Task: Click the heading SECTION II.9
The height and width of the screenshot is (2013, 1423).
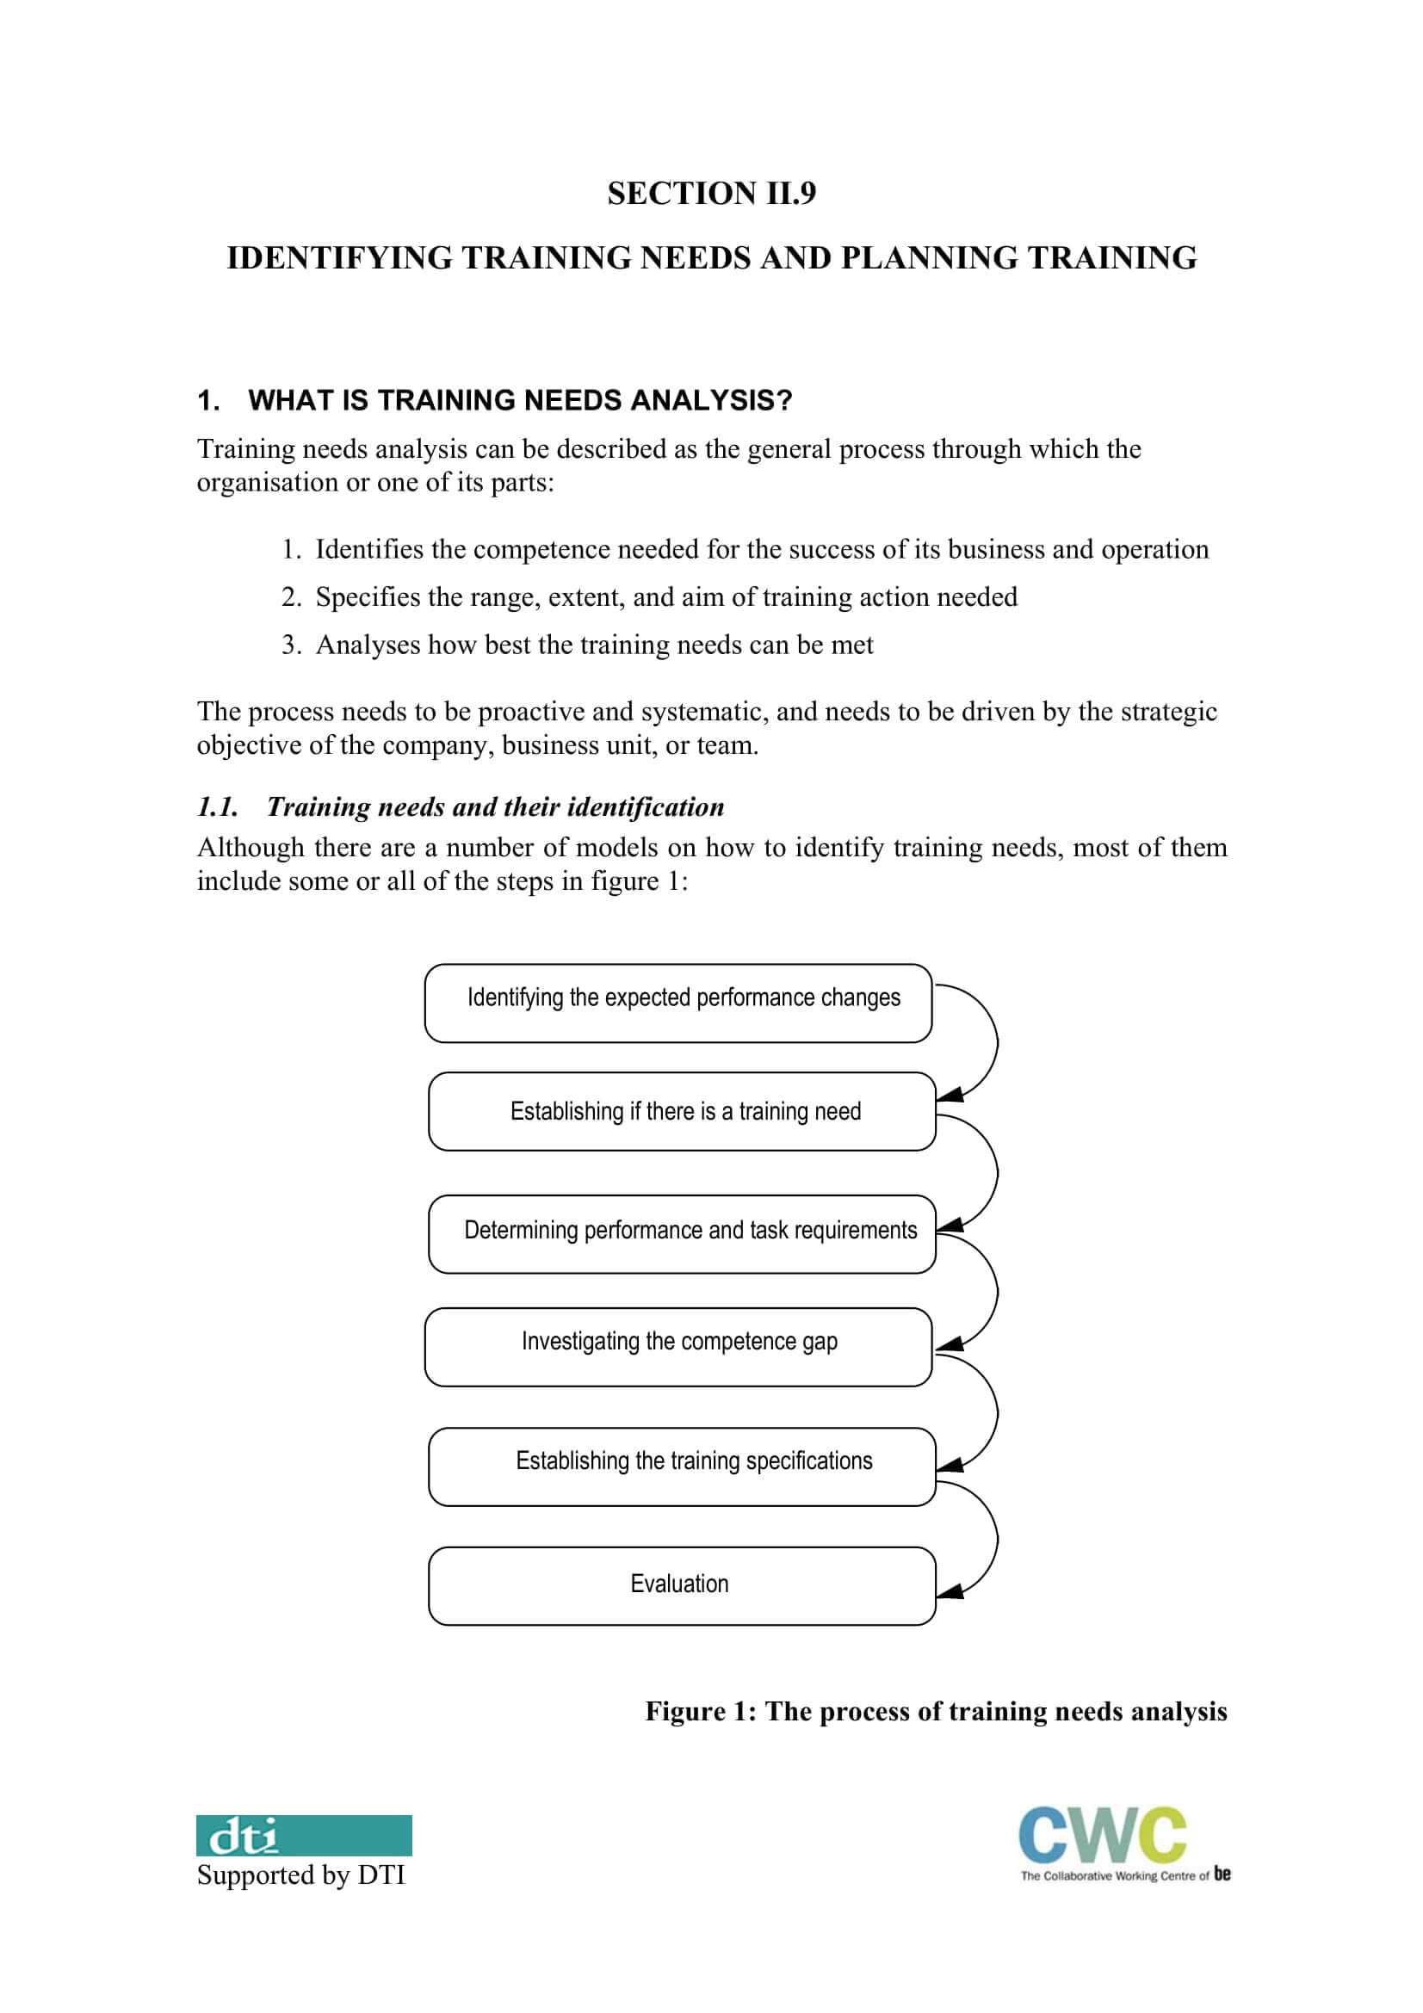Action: (711, 193)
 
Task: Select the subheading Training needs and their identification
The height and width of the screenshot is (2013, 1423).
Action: (494, 806)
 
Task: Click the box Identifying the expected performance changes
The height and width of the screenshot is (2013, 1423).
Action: (677, 1003)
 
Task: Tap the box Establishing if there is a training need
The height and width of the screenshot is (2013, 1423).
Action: (681, 1111)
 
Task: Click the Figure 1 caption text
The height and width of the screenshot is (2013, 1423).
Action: (936, 1712)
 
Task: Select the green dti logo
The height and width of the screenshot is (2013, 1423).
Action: (303, 1835)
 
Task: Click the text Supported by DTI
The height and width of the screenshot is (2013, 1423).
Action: (300, 1875)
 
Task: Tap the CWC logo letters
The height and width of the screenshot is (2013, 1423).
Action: (1102, 1834)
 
